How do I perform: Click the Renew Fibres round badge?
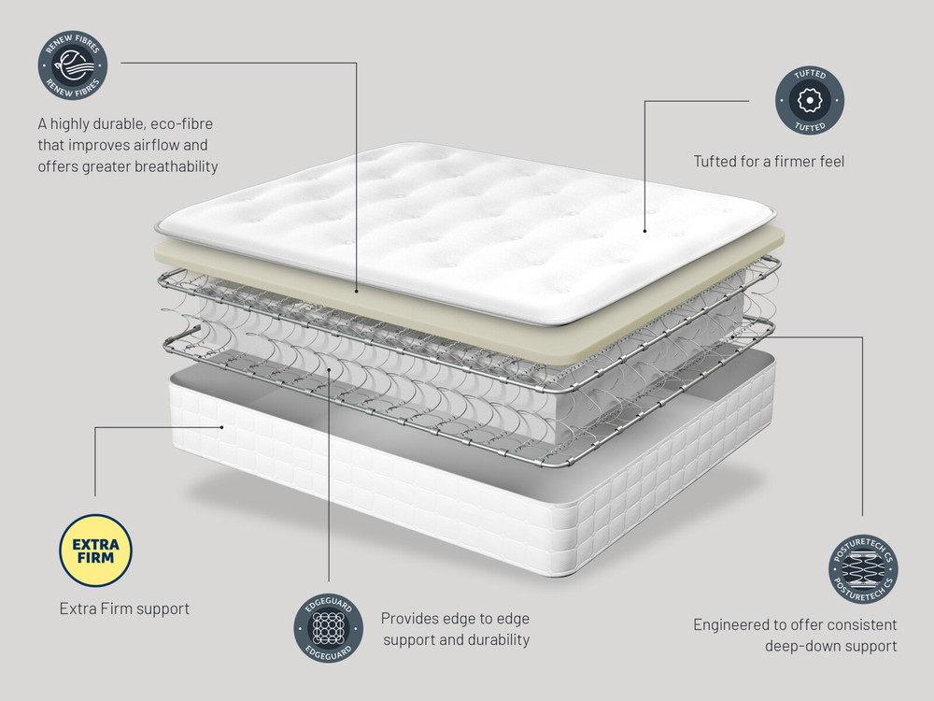(73, 65)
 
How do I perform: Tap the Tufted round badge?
(810, 100)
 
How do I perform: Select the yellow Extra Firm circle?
(95, 551)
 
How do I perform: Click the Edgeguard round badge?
(328, 628)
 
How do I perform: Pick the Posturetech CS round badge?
(863, 568)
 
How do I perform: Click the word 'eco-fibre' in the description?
(181, 124)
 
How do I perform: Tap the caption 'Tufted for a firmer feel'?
(769, 162)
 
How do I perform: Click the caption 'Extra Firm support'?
(124, 608)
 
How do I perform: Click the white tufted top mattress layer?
(464, 230)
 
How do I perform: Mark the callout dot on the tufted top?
(644, 231)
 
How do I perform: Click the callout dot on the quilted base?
(221, 427)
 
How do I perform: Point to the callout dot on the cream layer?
(356, 291)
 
